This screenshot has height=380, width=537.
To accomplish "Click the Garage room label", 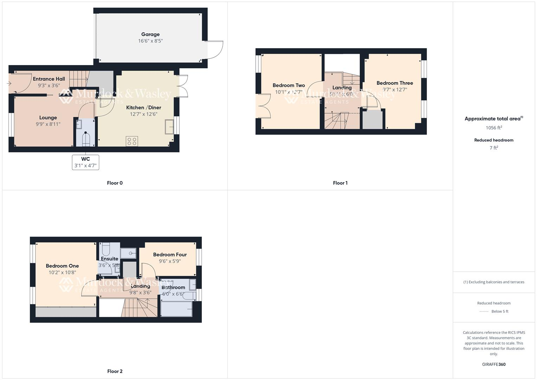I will click(150, 34).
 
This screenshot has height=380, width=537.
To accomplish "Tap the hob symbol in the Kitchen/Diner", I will click(132, 141).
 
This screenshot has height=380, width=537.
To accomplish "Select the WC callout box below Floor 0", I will click(85, 162).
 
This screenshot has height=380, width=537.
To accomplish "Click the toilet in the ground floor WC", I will click(86, 139).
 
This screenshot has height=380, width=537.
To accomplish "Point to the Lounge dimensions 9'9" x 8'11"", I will click(48, 124).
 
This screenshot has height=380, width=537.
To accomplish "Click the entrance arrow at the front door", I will click(9, 83).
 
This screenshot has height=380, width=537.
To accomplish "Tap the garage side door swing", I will click(215, 50).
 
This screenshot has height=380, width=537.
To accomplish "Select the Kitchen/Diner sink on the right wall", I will click(169, 127).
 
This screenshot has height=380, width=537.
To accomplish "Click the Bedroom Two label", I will click(288, 85).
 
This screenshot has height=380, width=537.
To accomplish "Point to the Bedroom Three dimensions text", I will click(395, 89).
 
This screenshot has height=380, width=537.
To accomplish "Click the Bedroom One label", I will click(62, 266).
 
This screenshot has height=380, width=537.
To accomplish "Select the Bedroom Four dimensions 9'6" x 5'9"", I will click(170, 261).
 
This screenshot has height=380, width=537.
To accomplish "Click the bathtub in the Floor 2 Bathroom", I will click(177, 309).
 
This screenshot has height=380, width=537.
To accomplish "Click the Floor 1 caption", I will click(340, 183).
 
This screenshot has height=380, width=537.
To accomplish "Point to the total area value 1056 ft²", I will click(494, 128).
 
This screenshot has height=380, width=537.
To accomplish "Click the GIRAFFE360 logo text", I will click(494, 365).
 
